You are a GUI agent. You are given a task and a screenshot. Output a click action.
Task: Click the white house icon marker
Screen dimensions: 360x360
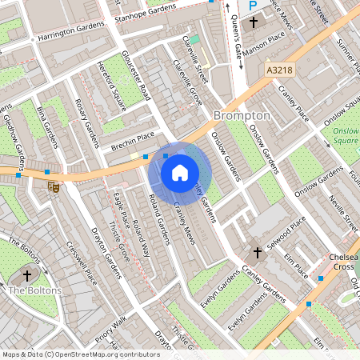tap(180, 172)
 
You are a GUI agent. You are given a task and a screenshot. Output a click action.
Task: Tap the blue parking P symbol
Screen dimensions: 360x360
tap(253, 6)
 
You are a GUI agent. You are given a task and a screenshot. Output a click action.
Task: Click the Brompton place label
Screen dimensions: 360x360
tap(242, 115)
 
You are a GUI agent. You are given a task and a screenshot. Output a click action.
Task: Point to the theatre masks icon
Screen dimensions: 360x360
tap(54, 186)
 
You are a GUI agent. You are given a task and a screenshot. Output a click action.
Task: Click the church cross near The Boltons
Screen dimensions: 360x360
tap(27, 275)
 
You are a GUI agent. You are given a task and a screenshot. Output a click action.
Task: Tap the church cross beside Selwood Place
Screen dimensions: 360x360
tap(258, 253)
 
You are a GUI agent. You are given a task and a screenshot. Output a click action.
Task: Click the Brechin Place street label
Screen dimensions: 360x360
tap(132, 138)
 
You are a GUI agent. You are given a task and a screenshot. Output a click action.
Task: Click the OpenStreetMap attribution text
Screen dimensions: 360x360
tap(80, 354)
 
